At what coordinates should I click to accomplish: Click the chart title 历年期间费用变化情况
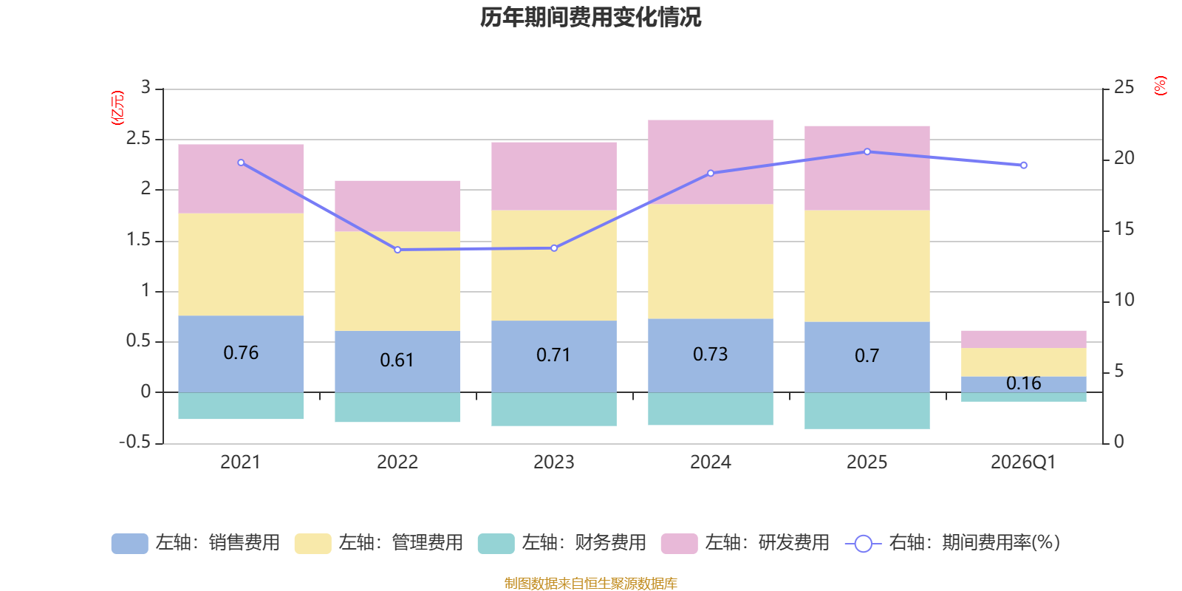[590, 17]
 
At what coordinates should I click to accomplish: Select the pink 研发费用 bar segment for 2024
[710, 161]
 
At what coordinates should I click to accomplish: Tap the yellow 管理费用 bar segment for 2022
[397, 281]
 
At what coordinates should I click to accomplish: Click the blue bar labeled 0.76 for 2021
[241, 353]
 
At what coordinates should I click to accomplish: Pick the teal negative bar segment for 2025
[867, 411]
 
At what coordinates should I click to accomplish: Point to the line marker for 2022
[397, 250]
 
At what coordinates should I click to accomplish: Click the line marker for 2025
[867, 151]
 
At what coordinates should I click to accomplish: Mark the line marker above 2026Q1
[1024, 165]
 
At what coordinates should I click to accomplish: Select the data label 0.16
[1023, 383]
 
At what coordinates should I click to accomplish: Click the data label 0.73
[710, 355]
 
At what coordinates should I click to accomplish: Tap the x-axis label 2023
[553, 462]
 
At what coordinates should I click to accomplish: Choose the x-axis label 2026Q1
[1023, 462]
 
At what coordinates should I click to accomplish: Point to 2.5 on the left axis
[138, 139]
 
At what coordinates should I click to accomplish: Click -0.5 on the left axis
[134, 442]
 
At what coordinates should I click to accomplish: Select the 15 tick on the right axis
[1124, 229]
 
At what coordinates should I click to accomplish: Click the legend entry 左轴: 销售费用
[196, 543]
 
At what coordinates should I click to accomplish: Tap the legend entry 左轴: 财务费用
[562, 543]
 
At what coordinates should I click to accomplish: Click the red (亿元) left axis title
[117, 108]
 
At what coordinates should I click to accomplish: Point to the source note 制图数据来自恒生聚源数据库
[590, 584]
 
